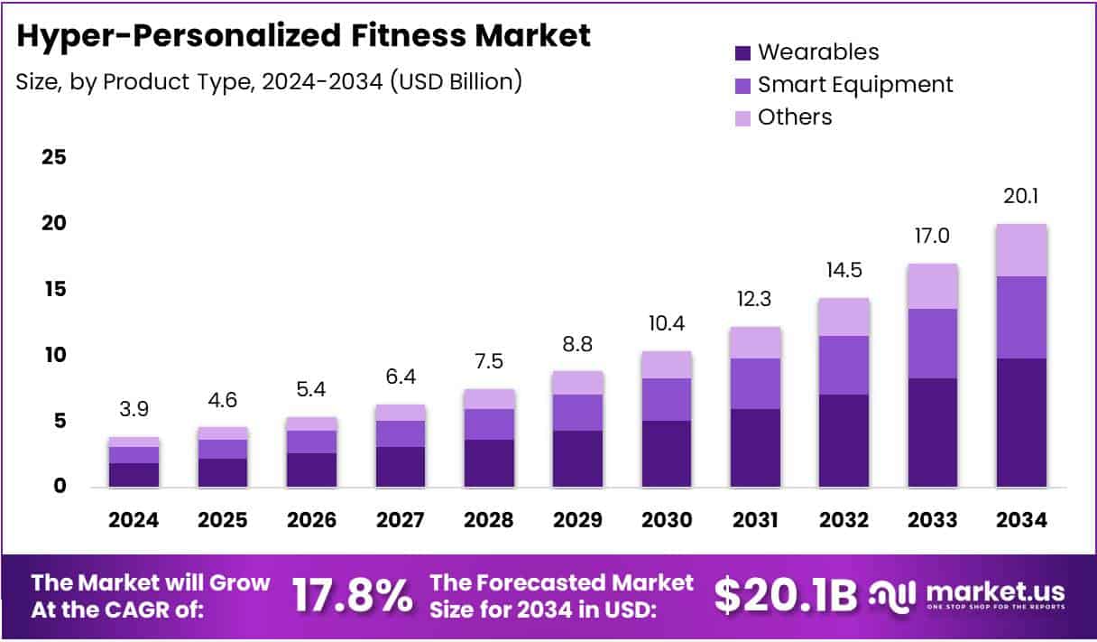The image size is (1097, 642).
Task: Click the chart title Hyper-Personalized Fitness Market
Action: [303, 36]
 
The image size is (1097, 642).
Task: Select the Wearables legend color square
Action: [742, 52]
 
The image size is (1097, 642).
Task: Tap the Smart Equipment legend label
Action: [854, 85]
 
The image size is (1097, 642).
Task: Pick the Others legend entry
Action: [794, 116]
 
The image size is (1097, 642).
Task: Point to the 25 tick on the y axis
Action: [54, 158]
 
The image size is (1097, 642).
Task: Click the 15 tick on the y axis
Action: [54, 289]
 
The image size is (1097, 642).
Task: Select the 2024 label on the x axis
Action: [134, 521]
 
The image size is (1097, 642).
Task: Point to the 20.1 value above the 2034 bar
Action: [1021, 196]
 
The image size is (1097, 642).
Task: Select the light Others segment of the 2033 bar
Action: [933, 286]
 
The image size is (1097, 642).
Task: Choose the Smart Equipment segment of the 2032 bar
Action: [844, 365]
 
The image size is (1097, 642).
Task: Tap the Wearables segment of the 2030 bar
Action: [667, 453]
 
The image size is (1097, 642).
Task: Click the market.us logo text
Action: [992, 592]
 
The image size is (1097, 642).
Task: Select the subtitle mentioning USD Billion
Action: [269, 81]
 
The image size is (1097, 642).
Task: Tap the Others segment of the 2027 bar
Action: [401, 413]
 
